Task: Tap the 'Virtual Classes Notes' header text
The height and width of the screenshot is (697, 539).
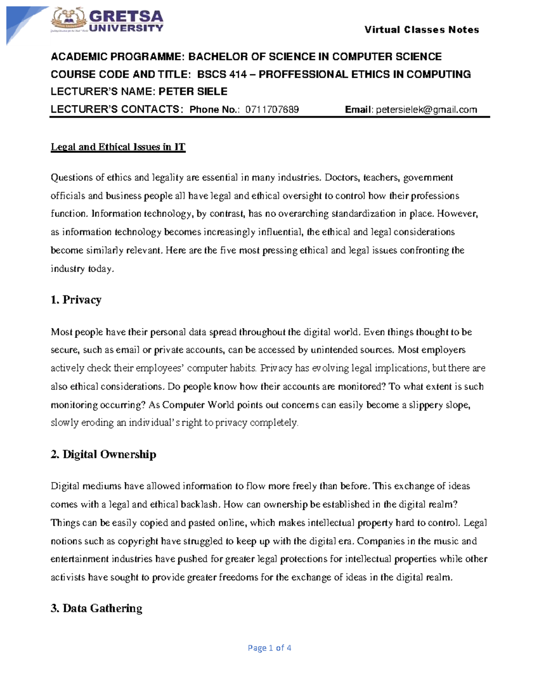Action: coord(421,30)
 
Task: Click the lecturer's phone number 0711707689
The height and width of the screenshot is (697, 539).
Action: coord(272,110)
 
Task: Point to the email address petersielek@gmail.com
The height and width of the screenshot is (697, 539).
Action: coord(426,110)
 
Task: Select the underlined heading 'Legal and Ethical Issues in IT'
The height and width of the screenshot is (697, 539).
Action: coord(118,147)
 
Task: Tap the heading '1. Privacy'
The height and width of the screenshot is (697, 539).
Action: coord(76,300)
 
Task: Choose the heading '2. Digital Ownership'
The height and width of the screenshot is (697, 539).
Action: coord(103,455)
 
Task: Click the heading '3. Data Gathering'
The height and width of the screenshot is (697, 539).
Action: coord(97,609)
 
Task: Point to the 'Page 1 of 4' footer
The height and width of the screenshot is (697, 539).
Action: coord(269,648)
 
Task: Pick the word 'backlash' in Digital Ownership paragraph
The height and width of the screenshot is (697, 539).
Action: coord(200,504)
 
